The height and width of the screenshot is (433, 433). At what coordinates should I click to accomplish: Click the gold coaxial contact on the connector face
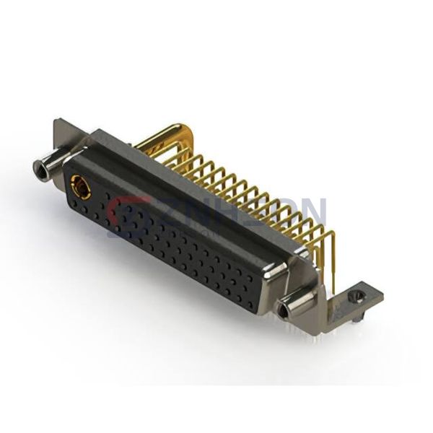pos(80,190)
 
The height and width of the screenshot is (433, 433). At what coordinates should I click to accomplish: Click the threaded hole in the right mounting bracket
pos(353,296)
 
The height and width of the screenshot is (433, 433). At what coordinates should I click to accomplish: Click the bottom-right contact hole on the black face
pos(249,304)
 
